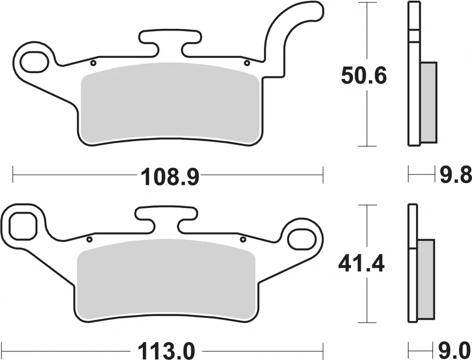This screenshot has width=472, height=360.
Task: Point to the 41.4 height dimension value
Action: [361, 262]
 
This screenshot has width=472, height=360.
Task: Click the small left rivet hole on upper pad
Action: [93, 63]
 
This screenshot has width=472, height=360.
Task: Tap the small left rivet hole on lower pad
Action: [88, 239]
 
